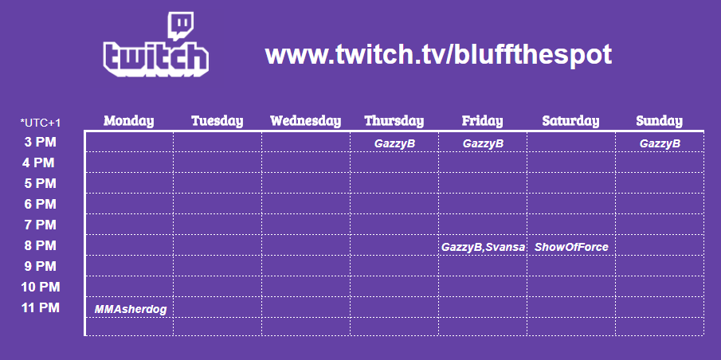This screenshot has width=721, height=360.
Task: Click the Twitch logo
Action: click(156, 45)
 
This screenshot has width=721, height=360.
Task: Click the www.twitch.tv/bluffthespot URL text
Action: click(438, 55)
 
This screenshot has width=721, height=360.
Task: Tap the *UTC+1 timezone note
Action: click(41, 123)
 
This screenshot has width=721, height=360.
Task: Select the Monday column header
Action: click(129, 121)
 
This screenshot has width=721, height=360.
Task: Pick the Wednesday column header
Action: click(306, 121)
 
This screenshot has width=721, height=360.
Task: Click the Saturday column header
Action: click(570, 121)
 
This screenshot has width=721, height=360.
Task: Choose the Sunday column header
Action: click(660, 121)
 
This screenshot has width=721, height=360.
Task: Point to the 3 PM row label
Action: click(41, 142)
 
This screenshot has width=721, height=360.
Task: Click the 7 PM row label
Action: click(41, 225)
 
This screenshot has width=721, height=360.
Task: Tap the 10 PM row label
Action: click(41, 287)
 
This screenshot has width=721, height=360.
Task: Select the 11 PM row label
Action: click(41, 307)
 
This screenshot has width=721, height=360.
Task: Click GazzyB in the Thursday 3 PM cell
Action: click(394, 143)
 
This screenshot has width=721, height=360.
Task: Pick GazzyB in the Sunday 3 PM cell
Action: click(660, 143)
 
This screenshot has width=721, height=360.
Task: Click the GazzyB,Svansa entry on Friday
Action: click(483, 248)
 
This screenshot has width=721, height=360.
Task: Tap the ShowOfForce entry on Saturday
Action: click(571, 248)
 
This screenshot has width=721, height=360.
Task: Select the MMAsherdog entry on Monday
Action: click(131, 310)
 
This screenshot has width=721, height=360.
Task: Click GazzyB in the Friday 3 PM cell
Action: click(483, 143)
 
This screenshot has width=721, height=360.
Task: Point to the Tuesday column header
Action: click(217, 121)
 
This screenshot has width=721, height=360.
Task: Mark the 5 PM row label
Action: click(41, 183)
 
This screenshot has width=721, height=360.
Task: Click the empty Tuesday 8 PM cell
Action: click(217, 245)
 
